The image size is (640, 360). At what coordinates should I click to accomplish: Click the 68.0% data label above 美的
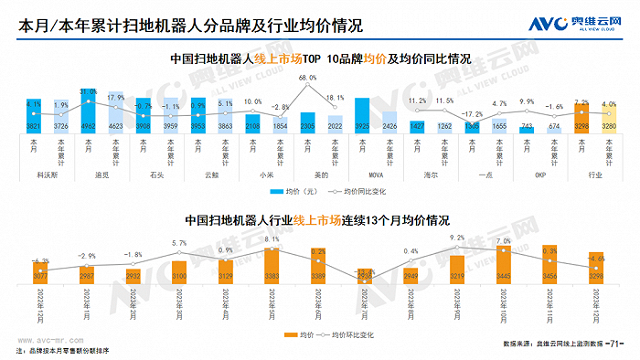[308, 79]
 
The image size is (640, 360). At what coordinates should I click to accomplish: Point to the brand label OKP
[540, 173]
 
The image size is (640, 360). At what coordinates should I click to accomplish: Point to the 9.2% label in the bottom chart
[458, 238]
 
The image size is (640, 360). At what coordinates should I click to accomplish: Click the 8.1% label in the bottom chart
[272, 239]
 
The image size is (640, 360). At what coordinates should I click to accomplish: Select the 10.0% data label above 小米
[253, 102]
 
